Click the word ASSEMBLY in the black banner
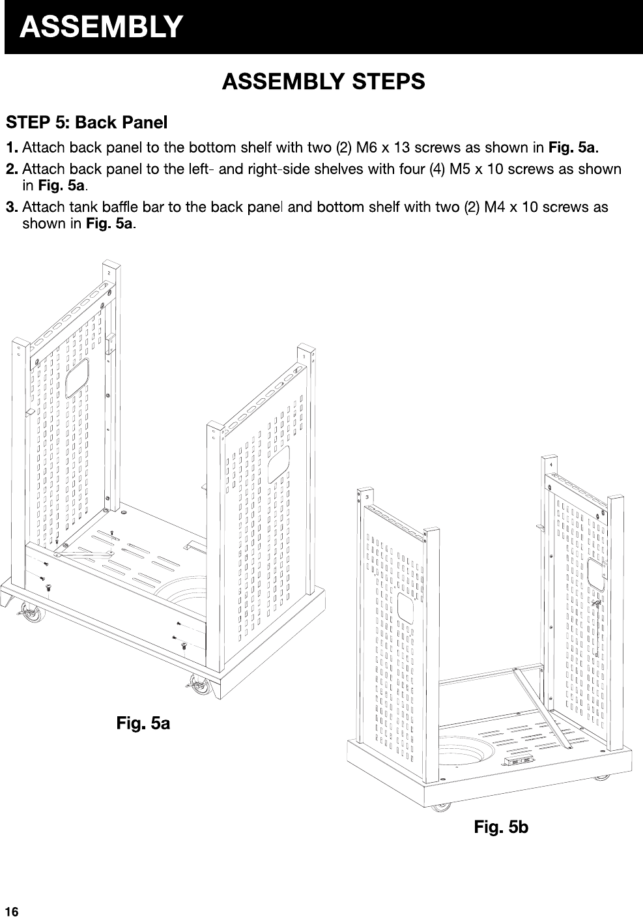pos(100,27)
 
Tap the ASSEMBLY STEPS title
pos(323,82)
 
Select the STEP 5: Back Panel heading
pos(87,122)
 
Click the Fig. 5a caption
pos(143,723)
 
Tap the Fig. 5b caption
pos(501,828)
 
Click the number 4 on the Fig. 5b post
pos(552,465)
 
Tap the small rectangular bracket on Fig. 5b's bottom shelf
pos(519,761)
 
